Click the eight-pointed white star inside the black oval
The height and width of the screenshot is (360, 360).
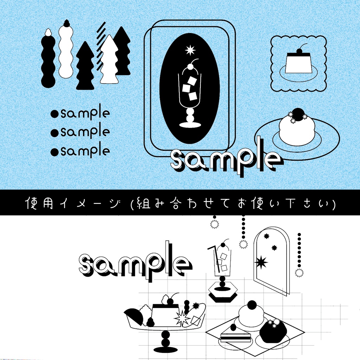pyautogui.click(x=190, y=50)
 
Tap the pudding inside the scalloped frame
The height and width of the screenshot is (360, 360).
pyautogui.click(x=298, y=63)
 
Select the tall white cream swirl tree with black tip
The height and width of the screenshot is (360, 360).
pyautogui.click(x=66, y=51)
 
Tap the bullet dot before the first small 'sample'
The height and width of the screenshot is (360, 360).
pyautogui.click(x=54, y=114)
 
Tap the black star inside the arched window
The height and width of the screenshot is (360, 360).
pyautogui.click(x=261, y=262)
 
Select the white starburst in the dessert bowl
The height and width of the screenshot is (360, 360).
pyautogui.click(x=182, y=319)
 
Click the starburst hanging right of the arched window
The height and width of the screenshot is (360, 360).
pyautogui.click(x=299, y=272)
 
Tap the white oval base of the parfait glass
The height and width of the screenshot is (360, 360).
pyautogui.click(x=190, y=125)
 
